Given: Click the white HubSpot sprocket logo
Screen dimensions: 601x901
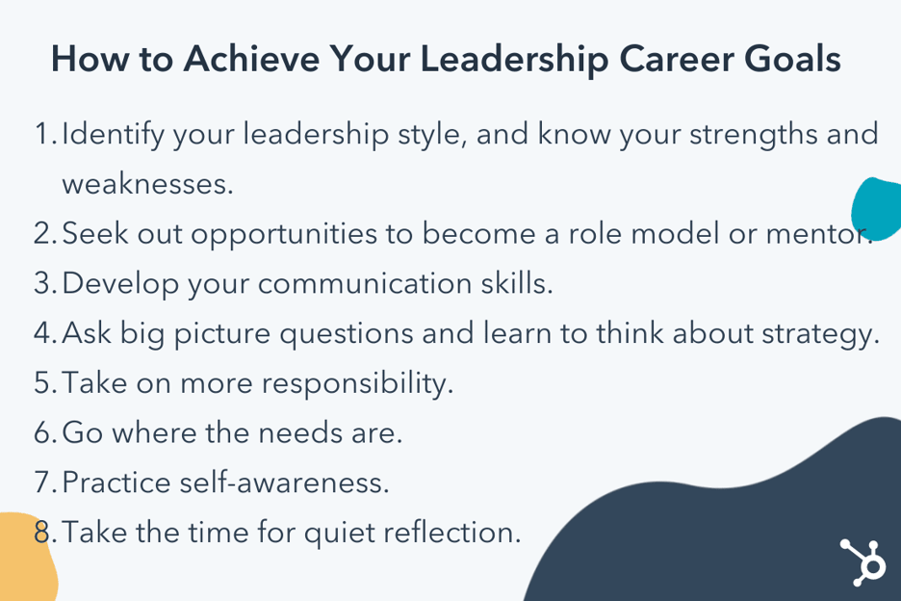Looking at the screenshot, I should point(861,561).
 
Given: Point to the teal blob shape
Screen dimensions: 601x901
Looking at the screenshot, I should point(877,208).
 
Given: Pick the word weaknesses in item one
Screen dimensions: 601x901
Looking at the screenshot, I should point(147,183).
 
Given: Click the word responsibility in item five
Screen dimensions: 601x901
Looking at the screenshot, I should point(356,383).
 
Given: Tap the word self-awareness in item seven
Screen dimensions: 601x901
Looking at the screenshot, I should point(284,483).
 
